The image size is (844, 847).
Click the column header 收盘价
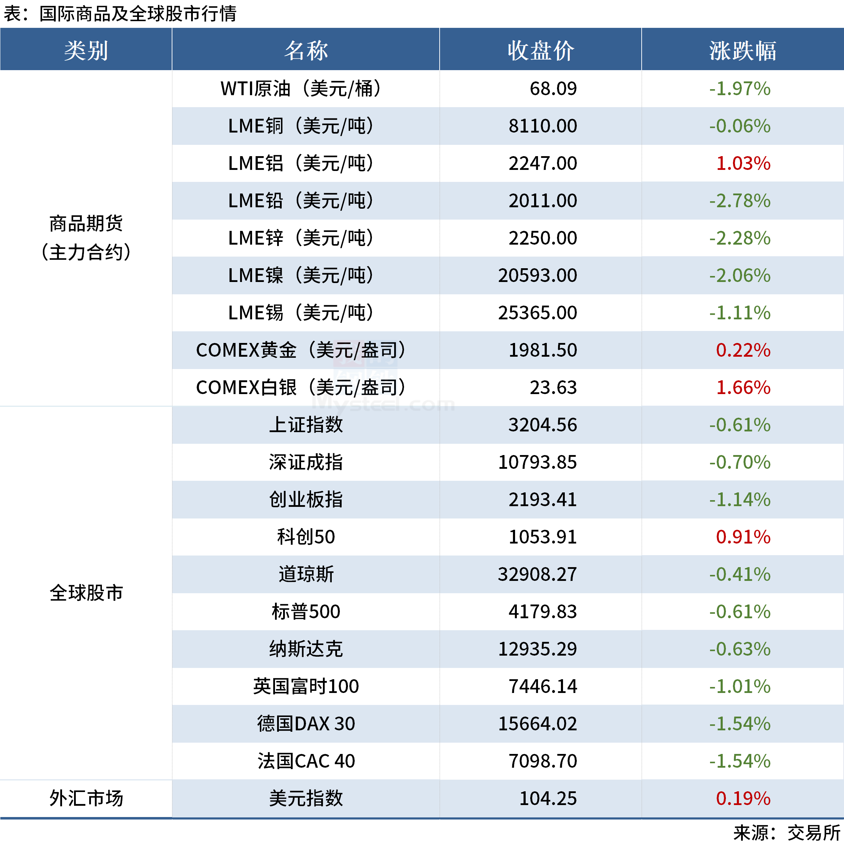point(540,50)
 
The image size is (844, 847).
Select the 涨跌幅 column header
point(742,50)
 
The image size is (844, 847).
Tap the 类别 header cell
point(86,50)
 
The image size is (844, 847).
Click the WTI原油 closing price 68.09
point(553,88)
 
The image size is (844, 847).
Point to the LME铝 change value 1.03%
point(743,164)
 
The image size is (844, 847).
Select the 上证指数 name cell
point(306,425)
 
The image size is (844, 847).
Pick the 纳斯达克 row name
point(306,649)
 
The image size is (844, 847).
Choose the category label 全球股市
point(86,593)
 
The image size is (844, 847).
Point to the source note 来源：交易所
point(787,833)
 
